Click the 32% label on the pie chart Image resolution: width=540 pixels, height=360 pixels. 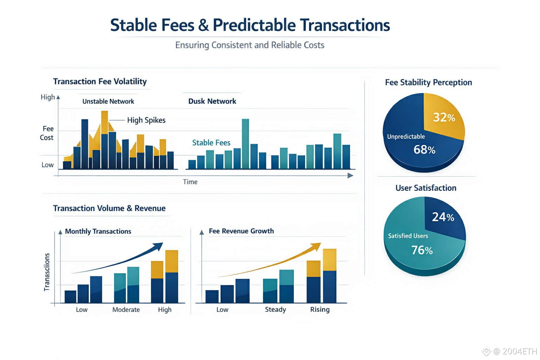(444, 117)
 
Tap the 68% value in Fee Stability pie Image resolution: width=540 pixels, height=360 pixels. (424, 150)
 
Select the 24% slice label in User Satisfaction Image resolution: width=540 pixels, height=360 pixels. (443, 217)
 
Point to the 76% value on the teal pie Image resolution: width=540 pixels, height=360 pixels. (422, 250)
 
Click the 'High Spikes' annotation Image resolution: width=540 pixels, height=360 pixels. (146, 120)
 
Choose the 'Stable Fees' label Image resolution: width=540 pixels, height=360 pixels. (211, 143)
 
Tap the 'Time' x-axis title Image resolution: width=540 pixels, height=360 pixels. (190, 182)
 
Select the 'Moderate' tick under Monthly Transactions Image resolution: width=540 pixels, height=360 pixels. (126, 310)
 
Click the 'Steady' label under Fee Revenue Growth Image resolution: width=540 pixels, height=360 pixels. (275, 309)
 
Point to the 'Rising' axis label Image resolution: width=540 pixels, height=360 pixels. (320, 309)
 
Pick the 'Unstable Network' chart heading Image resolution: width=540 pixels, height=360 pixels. (108, 102)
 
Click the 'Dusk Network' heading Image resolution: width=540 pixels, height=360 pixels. (212, 101)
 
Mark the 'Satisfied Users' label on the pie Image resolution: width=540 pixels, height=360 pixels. (408, 236)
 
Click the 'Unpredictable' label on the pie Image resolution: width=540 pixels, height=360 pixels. (406, 136)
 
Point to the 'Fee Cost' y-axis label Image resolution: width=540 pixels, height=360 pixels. (47, 133)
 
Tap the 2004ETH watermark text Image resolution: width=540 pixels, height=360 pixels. (520, 351)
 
